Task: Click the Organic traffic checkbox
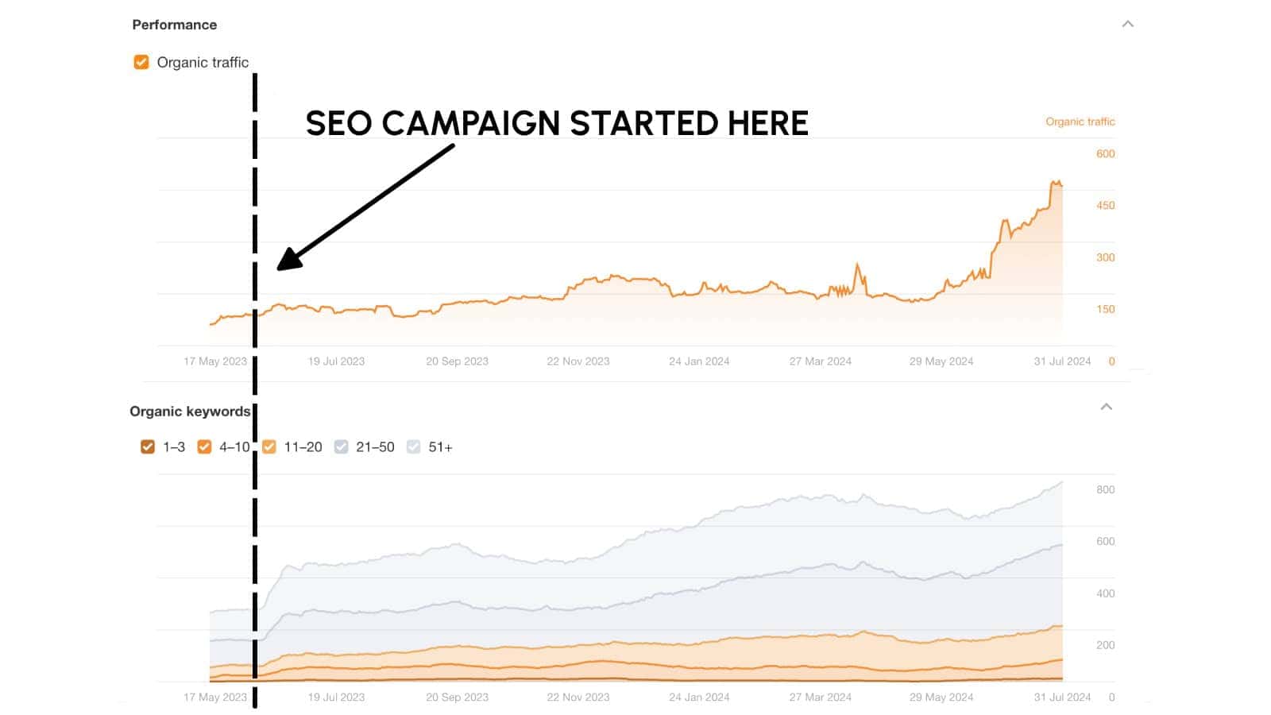pos(141,62)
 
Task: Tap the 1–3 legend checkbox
pos(148,446)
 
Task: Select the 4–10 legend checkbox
pos(204,446)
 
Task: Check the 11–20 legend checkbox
pos(269,446)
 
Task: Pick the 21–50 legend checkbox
pos(342,446)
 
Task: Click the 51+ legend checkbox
pos(414,446)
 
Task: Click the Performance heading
pos(175,25)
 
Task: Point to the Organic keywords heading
pos(190,411)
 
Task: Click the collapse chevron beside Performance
pos(1127,24)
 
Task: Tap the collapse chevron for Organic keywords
pos(1106,407)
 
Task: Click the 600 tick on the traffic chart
pos(1105,153)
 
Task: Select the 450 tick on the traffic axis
pos(1105,205)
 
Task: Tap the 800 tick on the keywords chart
pos(1105,489)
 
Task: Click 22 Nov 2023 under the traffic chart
pos(578,361)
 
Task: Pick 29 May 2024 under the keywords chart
pos(941,697)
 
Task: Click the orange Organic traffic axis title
pos(1080,122)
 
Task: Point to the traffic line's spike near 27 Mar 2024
pos(857,265)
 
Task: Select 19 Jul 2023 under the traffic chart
pos(336,361)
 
